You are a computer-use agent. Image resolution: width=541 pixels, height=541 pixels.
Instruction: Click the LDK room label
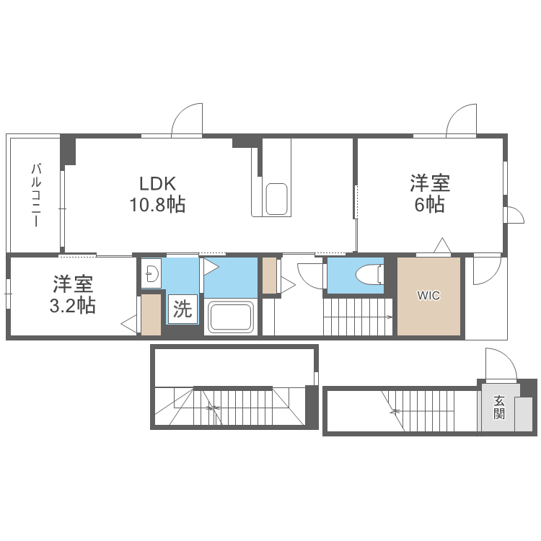(158, 184)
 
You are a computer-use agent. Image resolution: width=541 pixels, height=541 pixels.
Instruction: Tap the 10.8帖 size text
(157, 204)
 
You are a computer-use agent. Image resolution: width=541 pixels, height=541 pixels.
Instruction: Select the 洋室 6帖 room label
(430, 193)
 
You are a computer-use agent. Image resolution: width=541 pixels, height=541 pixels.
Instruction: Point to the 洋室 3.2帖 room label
(72, 294)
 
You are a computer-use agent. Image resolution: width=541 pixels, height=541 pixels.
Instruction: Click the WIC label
(428, 296)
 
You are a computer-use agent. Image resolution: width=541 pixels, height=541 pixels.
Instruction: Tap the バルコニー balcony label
(36, 195)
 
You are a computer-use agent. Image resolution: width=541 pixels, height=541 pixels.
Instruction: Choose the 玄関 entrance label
(499, 408)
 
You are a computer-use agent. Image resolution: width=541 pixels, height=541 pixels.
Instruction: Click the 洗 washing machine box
(182, 309)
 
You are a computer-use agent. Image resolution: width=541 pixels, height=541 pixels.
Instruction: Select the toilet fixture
(369, 274)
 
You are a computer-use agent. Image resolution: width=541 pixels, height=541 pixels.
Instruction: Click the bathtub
(231, 317)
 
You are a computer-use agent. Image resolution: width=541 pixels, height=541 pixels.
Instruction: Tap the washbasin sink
(151, 273)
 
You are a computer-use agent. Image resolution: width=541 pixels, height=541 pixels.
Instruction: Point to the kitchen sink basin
(277, 199)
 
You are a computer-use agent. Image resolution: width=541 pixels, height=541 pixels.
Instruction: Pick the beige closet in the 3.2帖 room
(151, 315)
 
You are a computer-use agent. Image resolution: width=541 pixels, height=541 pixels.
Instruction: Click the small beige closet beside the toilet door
(270, 276)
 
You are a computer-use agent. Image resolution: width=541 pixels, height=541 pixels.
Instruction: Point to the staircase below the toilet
(358, 317)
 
